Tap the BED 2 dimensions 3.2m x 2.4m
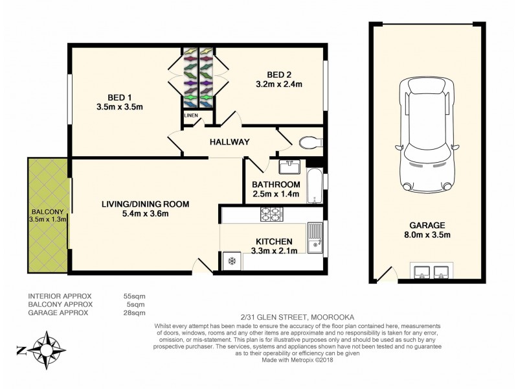pyautogui.click(x=280, y=84)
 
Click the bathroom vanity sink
pyautogui.click(x=289, y=168)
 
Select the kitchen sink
pyautogui.click(x=315, y=237)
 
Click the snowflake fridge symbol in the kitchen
pyautogui.click(x=231, y=261)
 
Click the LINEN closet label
pyautogui.click(x=190, y=115)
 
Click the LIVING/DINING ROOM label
pyautogui.click(x=145, y=204)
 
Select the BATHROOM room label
pyautogui.click(x=276, y=185)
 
